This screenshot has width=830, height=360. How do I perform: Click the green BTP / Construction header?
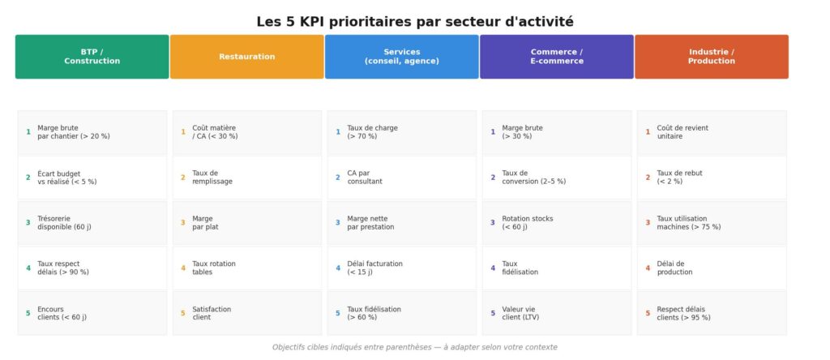pyautogui.click(x=92, y=57)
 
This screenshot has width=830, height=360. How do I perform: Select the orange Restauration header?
pyautogui.click(x=246, y=57)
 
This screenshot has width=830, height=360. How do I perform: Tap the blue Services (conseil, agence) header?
pyautogui.click(x=401, y=57)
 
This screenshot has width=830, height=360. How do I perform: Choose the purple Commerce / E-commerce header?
pyautogui.click(x=556, y=57)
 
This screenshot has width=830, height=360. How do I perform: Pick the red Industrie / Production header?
pyautogui.click(x=711, y=57)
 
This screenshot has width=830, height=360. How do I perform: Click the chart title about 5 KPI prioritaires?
pyautogui.click(x=414, y=22)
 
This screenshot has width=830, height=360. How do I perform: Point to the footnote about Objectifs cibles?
pyautogui.click(x=414, y=347)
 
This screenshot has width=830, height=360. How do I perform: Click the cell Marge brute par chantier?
pyautogui.click(x=92, y=132)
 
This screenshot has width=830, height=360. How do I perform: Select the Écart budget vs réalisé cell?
pyautogui.click(x=92, y=178)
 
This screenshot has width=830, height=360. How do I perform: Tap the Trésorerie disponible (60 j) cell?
pyautogui.click(x=92, y=223)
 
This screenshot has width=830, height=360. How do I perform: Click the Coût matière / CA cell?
pyautogui.click(x=247, y=132)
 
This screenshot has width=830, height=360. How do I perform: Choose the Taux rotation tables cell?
pyautogui.click(x=247, y=268)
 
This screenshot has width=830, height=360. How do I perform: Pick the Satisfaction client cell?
pyautogui.click(x=247, y=313)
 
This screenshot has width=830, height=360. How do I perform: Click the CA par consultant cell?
pyautogui.click(x=402, y=178)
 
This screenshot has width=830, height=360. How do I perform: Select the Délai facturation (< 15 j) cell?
pyautogui.click(x=402, y=268)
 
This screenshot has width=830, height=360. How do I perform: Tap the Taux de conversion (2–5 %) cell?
pyautogui.click(x=557, y=178)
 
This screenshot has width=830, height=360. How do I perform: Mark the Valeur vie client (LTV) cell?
pyautogui.click(x=557, y=313)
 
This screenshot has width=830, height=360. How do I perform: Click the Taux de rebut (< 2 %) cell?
pyautogui.click(x=712, y=178)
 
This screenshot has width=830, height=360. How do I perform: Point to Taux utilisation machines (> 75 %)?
pyautogui.click(x=712, y=223)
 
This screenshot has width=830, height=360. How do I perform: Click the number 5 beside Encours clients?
pyautogui.click(x=28, y=313)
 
